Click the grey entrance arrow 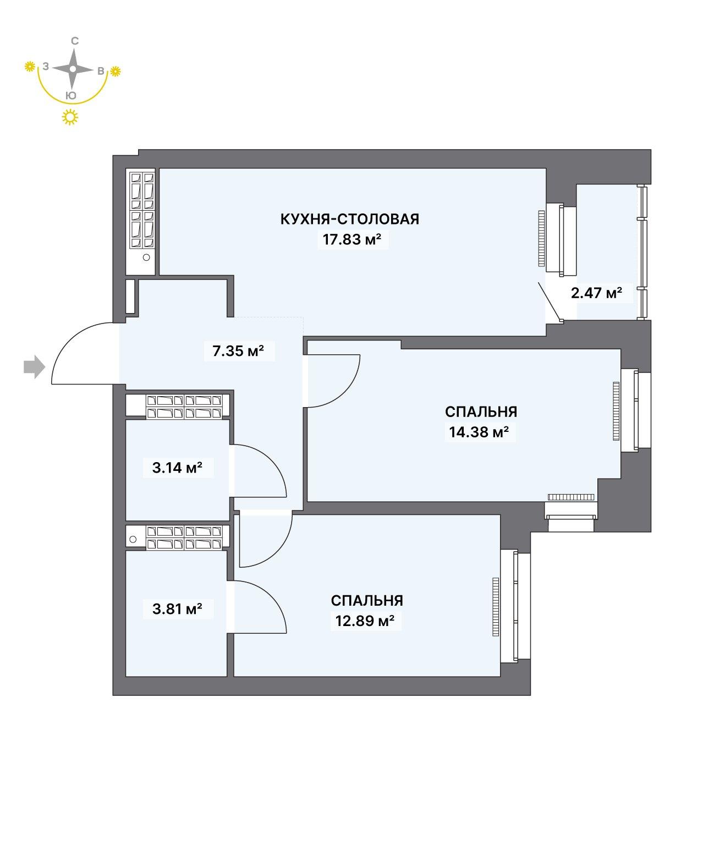(34, 367)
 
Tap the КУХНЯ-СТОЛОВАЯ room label (350, 219)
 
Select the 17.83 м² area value (353, 240)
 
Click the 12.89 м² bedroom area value (365, 621)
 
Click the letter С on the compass (75, 41)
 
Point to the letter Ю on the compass (71, 95)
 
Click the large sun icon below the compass (69, 117)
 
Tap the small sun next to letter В (116, 71)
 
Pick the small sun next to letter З (30, 67)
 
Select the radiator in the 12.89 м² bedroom (496, 606)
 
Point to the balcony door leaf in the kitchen (550, 301)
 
